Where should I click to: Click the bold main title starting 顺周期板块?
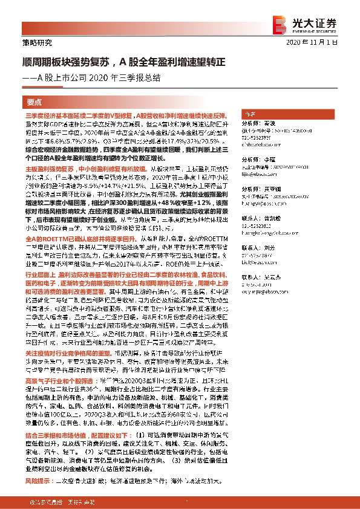(x=124, y=62)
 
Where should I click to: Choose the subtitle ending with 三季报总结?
(x=102, y=77)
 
